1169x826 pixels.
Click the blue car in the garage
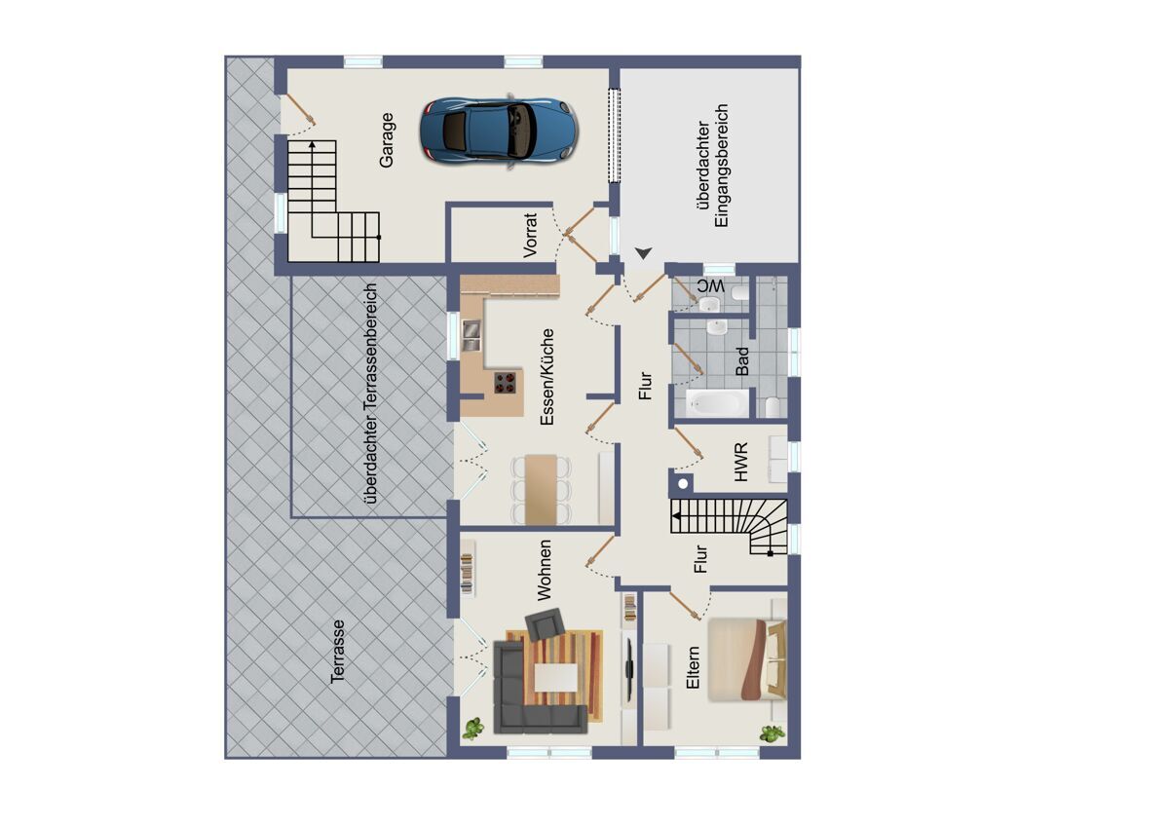(500, 131)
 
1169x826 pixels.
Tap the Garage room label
(387, 140)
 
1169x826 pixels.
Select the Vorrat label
(530, 235)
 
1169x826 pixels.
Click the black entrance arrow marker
(644, 253)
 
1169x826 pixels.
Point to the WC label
(711, 286)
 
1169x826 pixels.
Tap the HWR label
(740, 462)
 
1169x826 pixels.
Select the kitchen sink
(471, 335)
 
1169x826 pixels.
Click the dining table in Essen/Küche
(541, 489)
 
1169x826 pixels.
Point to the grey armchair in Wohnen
(545, 624)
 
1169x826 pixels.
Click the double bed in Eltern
(747, 660)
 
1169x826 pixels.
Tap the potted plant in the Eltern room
(773, 734)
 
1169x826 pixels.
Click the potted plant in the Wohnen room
(472, 729)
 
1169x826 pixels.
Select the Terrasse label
(338, 652)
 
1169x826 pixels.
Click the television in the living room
(630, 667)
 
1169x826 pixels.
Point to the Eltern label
(693, 668)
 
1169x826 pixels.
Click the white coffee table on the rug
(556, 677)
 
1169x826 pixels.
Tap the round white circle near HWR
(683, 484)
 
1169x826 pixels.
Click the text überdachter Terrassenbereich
(371, 394)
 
